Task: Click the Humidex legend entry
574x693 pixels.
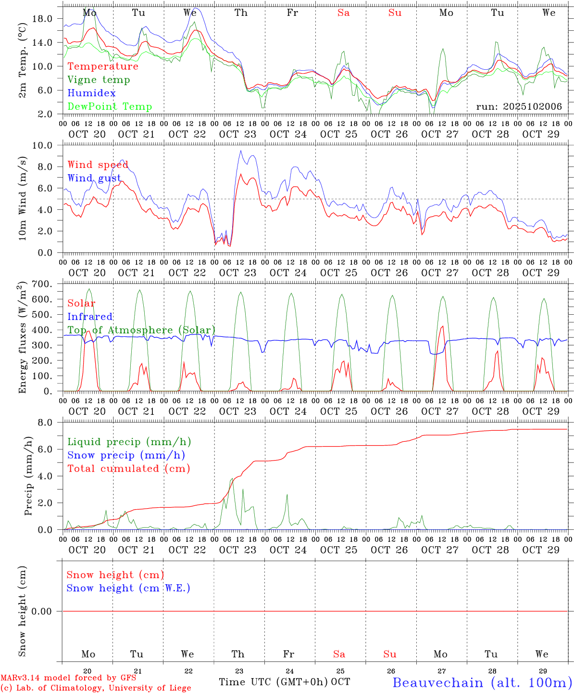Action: [x=91, y=93]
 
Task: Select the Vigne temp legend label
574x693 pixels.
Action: [x=99, y=80]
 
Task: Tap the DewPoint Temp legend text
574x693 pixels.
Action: [x=110, y=107]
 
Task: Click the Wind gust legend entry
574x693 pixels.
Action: [x=94, y=178]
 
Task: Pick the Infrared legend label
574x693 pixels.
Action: [x=90, y=317]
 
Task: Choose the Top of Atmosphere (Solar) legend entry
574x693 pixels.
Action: [x=141, y=330]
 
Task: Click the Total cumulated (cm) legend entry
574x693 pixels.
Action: [x=129, y=468]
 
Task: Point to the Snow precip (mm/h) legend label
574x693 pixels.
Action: [x=126, y=455]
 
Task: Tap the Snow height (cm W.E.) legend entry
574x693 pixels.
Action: [x=128, y=588]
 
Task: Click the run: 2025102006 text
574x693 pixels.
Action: [x=519, y=107]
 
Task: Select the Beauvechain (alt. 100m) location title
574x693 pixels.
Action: [x=482, y=682]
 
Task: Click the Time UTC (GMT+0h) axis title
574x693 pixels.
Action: [x=274, y=682]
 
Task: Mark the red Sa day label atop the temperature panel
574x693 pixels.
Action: [x=343, y=13]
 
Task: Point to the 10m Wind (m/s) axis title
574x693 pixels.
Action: [x=23, y=199]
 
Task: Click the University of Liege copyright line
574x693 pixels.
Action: [x=96, y=688]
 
